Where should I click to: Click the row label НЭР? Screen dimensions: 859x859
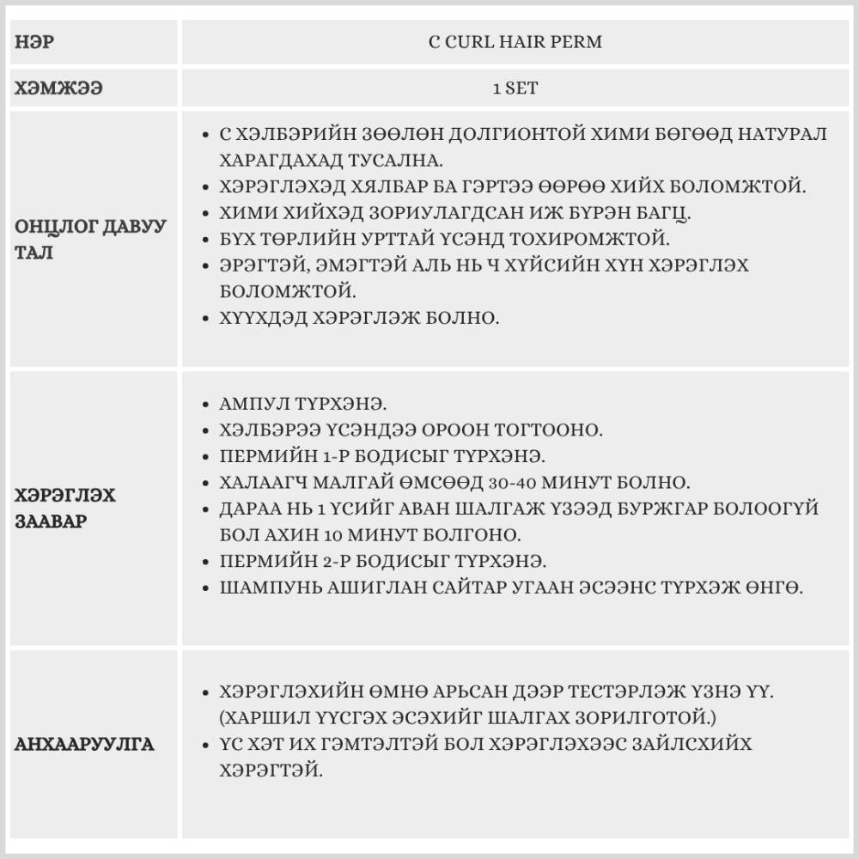point(34,42)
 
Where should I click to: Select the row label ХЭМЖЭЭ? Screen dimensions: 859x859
point(58,88)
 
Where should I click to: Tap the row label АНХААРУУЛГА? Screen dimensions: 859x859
point(84,744)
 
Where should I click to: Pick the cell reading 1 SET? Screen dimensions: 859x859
point(515,88)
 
